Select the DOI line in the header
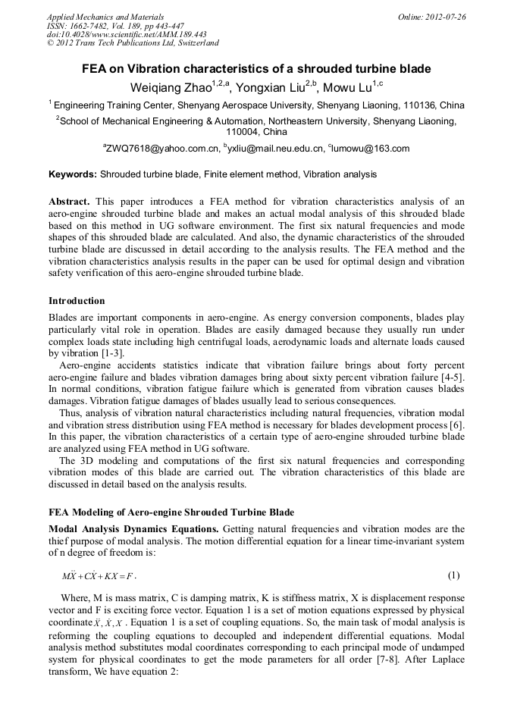(127, 35)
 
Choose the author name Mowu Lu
(352, 86)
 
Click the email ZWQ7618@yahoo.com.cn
(163, 149)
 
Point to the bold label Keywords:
(73, 174)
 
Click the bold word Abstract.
(70, 202)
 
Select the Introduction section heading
(77, 301)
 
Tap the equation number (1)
(454, 575)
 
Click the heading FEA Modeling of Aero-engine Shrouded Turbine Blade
(171, 512)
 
